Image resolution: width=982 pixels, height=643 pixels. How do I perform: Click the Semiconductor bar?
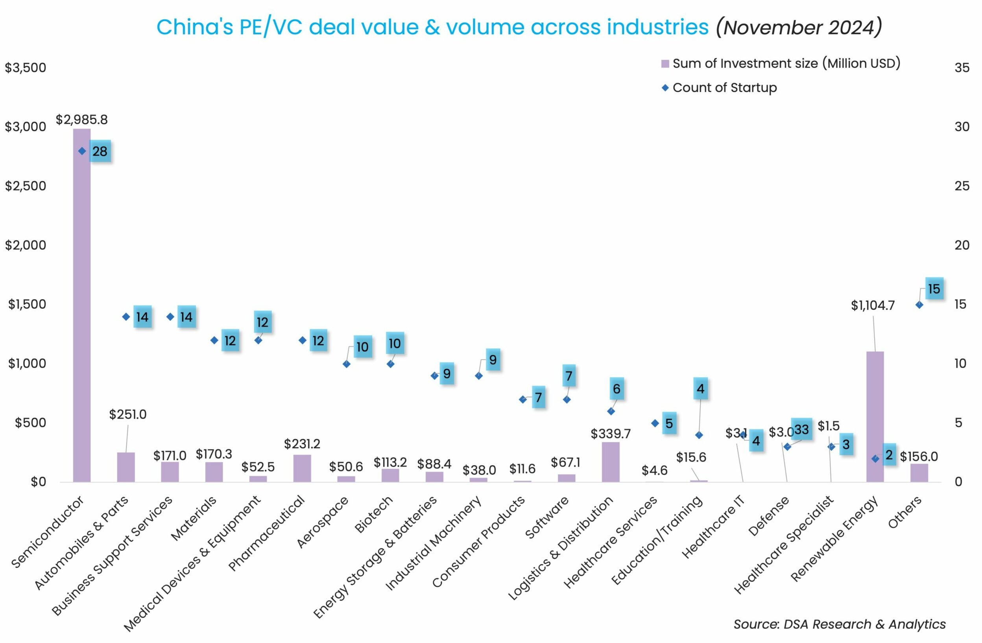(x=82, y=305)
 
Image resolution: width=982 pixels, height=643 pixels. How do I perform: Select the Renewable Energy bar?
(x=875, y=417)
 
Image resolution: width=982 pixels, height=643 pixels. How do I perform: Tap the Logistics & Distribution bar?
(x=611, y=462)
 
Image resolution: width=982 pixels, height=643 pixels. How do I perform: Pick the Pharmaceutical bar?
(x=302, y=468)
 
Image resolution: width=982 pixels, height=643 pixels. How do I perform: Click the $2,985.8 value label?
(x=82, y=120)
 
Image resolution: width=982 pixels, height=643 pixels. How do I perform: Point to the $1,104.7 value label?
(x=873, y=305)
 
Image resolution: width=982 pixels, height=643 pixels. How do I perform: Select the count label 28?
(x=100, y=152)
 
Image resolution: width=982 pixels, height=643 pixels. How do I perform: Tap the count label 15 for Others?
(x=934, y=289)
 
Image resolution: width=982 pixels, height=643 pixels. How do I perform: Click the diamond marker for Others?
(x=919, y=305)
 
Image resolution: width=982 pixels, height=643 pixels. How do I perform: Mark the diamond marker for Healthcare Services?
(x=655, y=423)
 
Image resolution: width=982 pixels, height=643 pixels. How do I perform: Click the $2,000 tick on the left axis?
(x=26, y=245)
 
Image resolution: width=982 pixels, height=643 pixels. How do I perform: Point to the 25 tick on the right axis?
(x=962, y=186)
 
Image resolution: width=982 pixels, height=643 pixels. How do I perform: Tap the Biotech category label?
(x=374, y=514)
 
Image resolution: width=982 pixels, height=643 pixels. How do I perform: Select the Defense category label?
(x=768, y=516)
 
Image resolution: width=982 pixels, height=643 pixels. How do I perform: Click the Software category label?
(x=547, y=517)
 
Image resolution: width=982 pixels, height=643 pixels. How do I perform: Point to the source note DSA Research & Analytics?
(x=839, y=624)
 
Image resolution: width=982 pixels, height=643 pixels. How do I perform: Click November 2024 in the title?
(x=799, y=28)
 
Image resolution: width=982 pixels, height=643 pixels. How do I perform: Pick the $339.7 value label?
(x=611, y=434)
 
